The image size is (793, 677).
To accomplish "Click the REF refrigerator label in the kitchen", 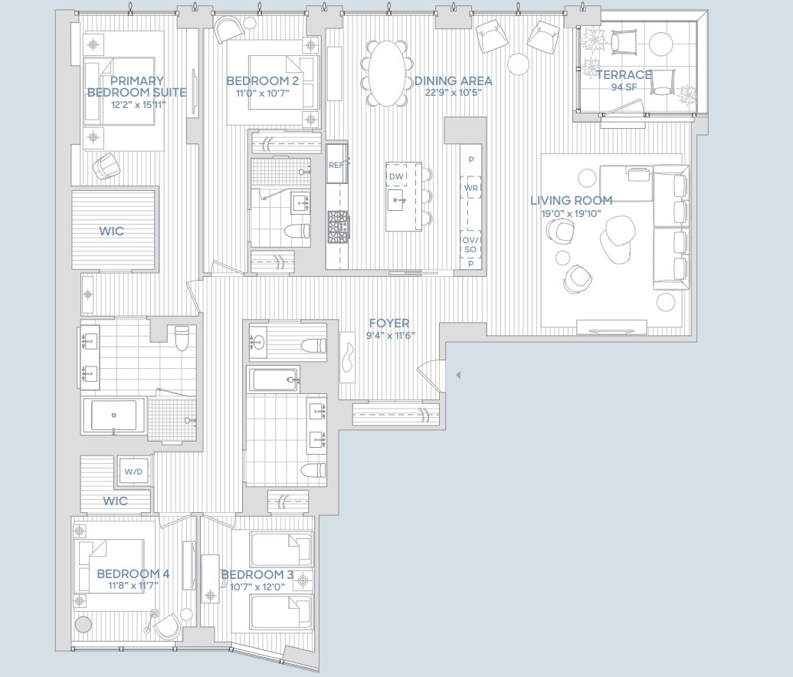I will click(335, 165).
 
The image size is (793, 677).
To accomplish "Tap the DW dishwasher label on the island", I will click(396, 177).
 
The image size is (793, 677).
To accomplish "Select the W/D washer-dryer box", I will click(133, 472).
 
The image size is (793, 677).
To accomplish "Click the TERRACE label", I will click(624, 75).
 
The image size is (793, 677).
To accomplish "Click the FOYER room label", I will click(388, 324).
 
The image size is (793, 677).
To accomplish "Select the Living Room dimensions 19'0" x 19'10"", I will click(571, 214).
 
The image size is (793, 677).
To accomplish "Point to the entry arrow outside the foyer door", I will click(457, 376).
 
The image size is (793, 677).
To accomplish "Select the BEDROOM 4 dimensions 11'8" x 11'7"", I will click(133, 587).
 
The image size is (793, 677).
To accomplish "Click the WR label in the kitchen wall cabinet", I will click(470, 187).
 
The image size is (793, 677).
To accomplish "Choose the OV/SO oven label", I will click(470, 245).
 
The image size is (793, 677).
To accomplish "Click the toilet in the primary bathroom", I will click(182, 337).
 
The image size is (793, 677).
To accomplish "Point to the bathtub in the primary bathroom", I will click(113, 415).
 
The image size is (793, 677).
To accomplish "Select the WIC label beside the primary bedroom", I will click(111, 231).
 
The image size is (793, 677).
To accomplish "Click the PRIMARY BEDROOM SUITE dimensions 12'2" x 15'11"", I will click(138, 104).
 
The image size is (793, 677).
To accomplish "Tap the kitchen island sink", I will click(396, 203).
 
